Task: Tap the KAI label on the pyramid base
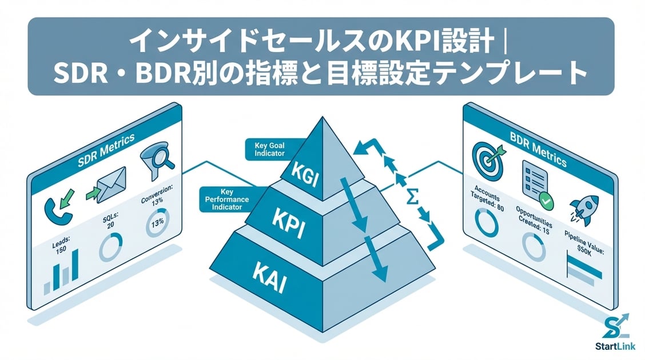point(269,277)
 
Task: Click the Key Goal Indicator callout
point(269,150)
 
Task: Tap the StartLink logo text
point(616,349)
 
